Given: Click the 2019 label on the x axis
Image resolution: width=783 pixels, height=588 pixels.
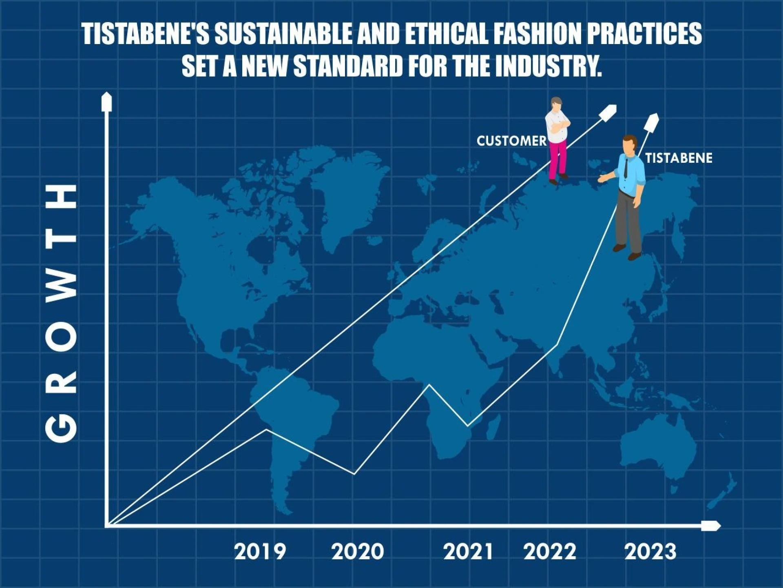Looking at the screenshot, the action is click(260, 552).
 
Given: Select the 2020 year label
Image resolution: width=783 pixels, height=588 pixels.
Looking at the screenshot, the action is click(358, 552).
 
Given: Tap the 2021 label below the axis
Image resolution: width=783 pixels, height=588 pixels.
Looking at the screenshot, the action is click(468, 552).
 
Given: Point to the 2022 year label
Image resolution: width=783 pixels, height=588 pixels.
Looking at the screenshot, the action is click(550, 552).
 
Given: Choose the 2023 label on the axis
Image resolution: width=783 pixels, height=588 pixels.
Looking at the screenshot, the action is click(650, 552).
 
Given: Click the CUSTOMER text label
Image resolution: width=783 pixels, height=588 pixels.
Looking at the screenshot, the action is click(511, 141).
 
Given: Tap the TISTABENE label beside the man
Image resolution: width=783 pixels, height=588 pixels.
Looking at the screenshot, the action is click(679, 158).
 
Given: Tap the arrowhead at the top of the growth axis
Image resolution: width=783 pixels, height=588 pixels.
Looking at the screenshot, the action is click(106, 101).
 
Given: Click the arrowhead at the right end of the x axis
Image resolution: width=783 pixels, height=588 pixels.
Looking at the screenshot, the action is click(711, 526).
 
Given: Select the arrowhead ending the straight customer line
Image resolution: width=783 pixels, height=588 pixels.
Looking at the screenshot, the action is click(608, 112).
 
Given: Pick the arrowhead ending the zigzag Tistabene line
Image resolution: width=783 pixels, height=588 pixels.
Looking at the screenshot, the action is click(651, 122).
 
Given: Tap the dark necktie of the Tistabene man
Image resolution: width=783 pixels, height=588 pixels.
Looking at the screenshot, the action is click(626, 166).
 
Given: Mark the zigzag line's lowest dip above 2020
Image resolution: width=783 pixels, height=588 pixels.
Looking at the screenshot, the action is click(354, 474).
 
